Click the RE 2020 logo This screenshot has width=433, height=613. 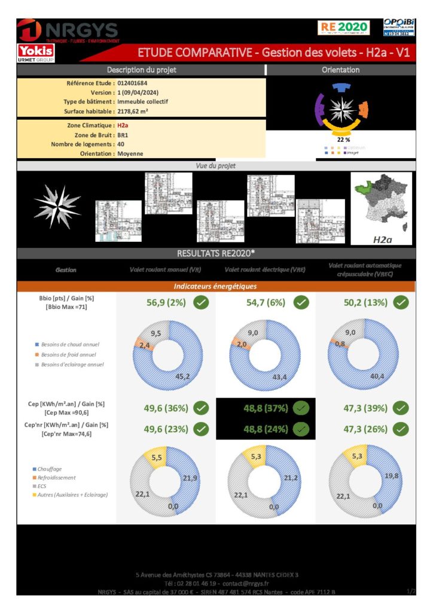click(x=343, y=27)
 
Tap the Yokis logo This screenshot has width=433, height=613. click(x=36, y=52)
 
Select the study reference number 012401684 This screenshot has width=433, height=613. click(x=133, y=83)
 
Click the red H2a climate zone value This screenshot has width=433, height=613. click(x=123, y=126)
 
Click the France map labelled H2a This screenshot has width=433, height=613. click(x=381, y=208)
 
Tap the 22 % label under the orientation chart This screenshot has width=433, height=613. click(x=343, y=139)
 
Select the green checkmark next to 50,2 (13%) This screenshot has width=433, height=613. click(x=401, y=302)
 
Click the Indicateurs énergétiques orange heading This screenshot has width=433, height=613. click(x=215, y=286)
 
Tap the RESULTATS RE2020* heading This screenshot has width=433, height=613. click(x=216, y=253)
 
